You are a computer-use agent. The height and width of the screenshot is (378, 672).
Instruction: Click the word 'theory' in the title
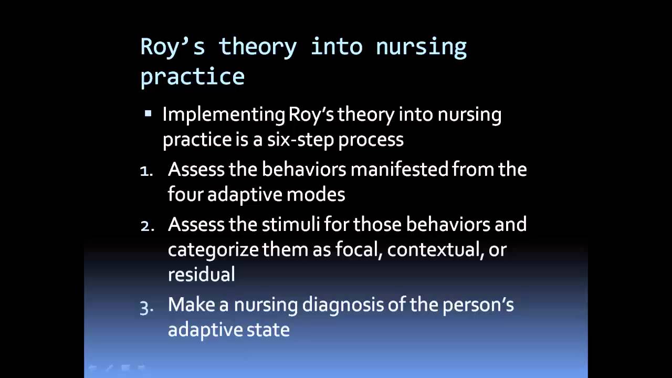pos(258,48)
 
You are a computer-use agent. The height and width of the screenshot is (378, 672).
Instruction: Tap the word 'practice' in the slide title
pos(193,77)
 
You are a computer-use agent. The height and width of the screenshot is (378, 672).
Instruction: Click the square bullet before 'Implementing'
pos(148,113)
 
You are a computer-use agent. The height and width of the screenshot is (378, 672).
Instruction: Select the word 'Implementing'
pos(224,115)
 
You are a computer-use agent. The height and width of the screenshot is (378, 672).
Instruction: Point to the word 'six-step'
pos(301,140)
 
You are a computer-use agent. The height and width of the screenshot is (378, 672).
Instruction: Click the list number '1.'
pos(146,172)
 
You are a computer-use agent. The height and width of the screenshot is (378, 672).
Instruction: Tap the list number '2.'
pos(148,226)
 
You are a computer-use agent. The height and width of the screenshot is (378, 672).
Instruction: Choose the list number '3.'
pos(146,308)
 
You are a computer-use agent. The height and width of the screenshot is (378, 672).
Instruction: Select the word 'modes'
pos(316,195)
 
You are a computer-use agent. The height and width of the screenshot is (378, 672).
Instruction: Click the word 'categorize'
pos(213,250)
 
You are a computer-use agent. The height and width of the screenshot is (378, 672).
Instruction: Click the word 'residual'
pos(201,274)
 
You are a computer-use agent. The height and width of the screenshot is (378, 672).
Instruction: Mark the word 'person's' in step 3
pos(478,306)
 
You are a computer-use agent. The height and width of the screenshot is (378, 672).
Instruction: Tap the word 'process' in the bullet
pos(371,140)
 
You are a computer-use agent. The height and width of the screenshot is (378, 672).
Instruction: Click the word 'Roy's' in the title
pos(173,48)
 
